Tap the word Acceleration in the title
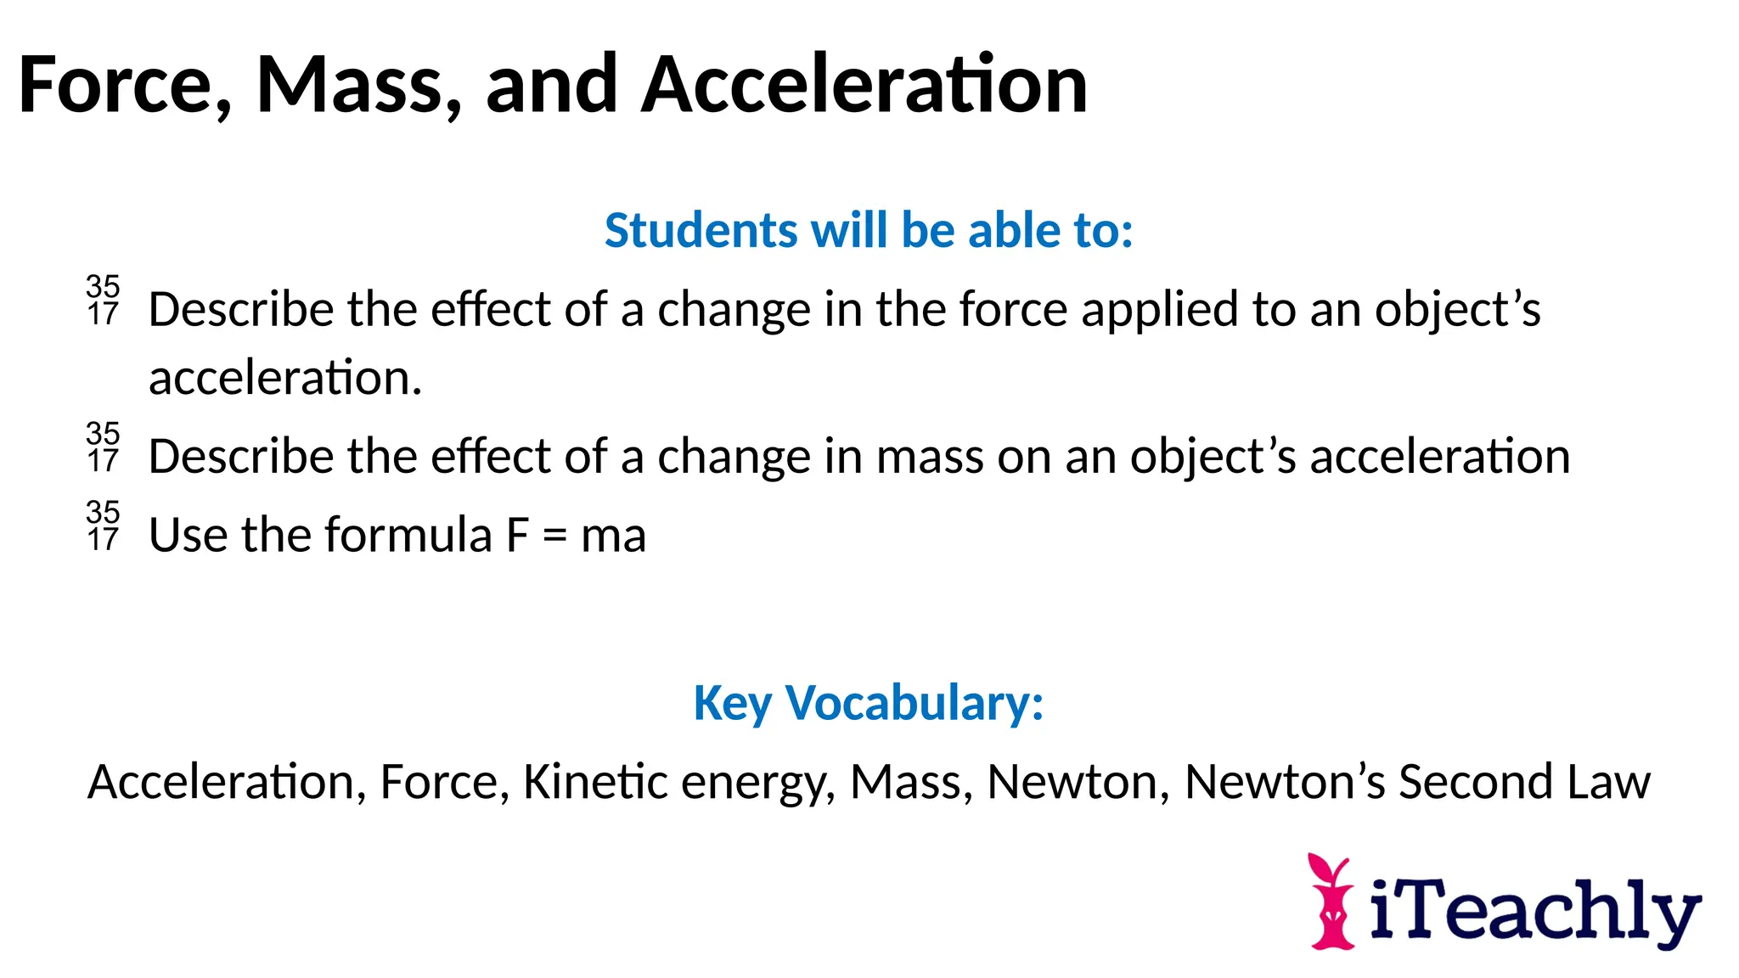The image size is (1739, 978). point(864,85)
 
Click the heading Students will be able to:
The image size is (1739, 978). point(869,230)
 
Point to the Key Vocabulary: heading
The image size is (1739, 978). point(869,703)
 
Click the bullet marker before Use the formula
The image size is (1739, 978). point(103,526)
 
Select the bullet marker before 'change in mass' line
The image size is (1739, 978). point(103,447)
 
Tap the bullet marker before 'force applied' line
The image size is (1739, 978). point(103,301)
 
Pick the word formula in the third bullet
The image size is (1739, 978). point(408,536)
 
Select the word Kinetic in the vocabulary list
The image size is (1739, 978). point(594,782)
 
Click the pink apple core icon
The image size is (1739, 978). point(1331,902)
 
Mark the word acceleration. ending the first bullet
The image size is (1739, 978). point(285,378)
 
